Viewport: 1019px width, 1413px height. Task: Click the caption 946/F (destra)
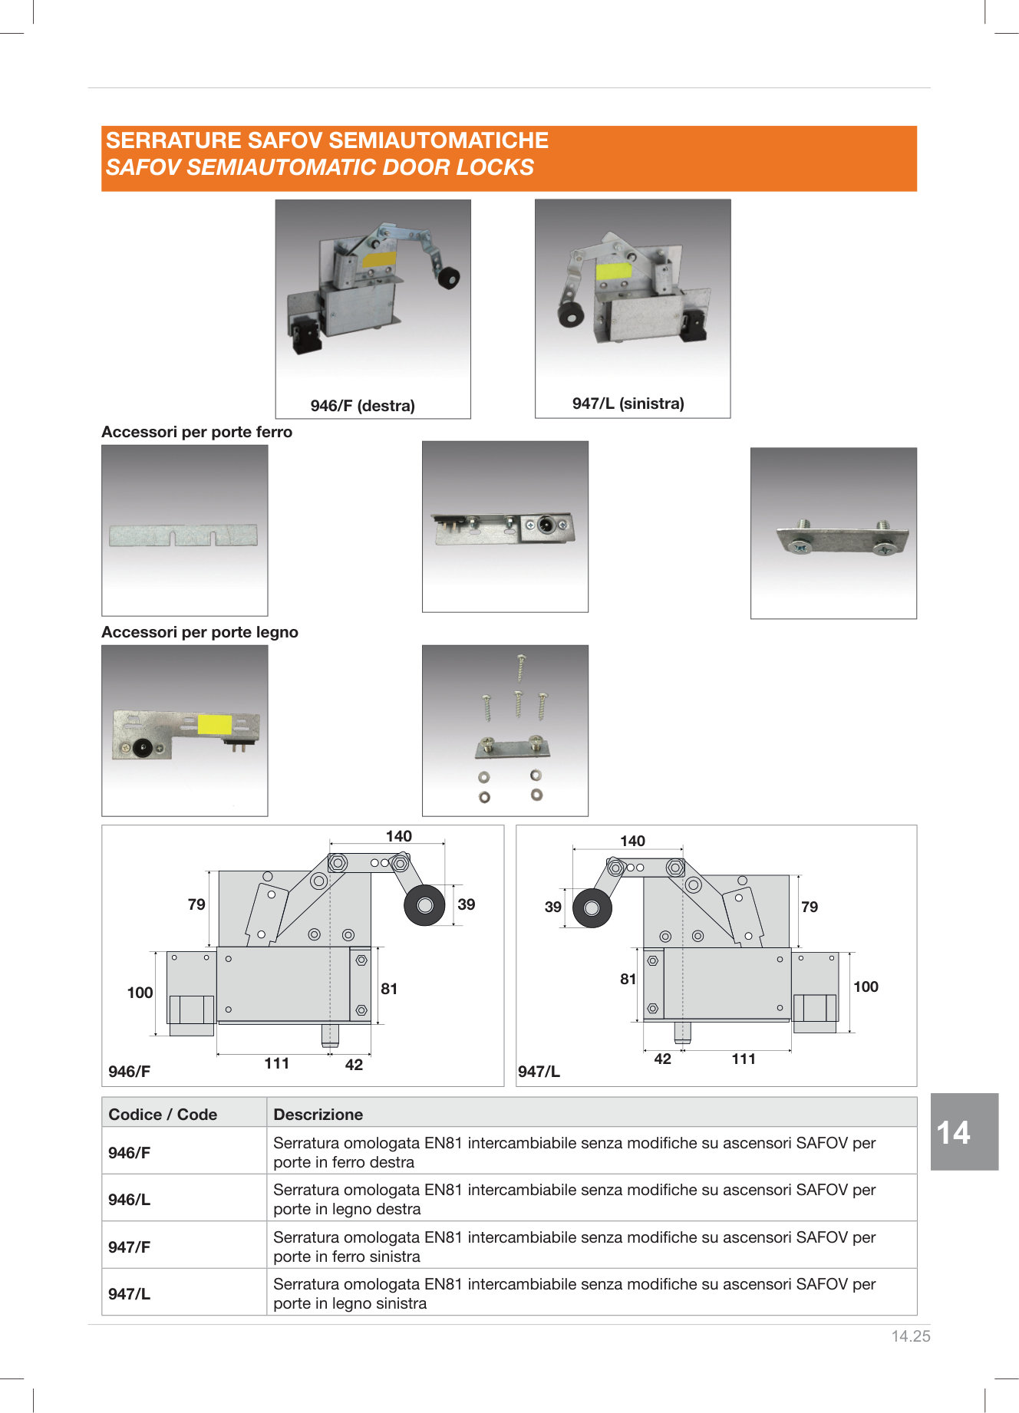pyautogui.click(x=362, y=406)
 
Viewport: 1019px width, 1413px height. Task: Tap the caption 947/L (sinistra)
pyautogui.click(x=628, y=403)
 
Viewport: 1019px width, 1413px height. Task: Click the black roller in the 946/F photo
pyautogui.click(x=449, y=277)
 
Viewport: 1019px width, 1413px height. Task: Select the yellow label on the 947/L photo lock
pyautogui.click(x=613, y=270)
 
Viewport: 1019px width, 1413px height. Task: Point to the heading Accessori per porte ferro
pyautogui.click(x=196, y=432)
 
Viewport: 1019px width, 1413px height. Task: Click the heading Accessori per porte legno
pyautogui.click(x=200, y=632)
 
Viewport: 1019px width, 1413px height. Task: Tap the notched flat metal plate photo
pyautogui.click(x=183, y=535)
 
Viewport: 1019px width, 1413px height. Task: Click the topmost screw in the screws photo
pyautogui.click(x=521, y=667)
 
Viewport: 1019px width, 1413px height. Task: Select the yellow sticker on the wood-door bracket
pyautogui.click(x=215, y=724)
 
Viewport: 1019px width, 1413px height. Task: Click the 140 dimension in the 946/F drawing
pyautogui.click(x=399, y=836)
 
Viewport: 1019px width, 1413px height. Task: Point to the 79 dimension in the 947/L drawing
pyautogui.click(x=810, y=907)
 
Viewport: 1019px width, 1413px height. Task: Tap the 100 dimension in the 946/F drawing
pyautogui.click(x=140, y=993)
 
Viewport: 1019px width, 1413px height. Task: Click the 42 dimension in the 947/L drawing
pyautogui.click(x=662, y=1059)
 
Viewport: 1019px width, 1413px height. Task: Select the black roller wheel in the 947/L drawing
pyautogui.click(x=592, y=908)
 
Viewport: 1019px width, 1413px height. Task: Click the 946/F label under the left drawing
pyautogui.click(x=129, y=1072)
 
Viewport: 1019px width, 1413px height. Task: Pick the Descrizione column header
pyautogui.click(x=318, y=1115)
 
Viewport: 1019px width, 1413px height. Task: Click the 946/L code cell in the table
pyautogui.click(x=129, y=1200)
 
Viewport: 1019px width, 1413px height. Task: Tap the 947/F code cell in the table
pyautogui.click(x=129, y=1247)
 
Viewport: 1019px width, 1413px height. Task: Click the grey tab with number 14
pyautogui.click(x=965, y=1131)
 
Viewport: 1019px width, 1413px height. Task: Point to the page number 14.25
pyautogui.click(x=911, y=1336)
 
